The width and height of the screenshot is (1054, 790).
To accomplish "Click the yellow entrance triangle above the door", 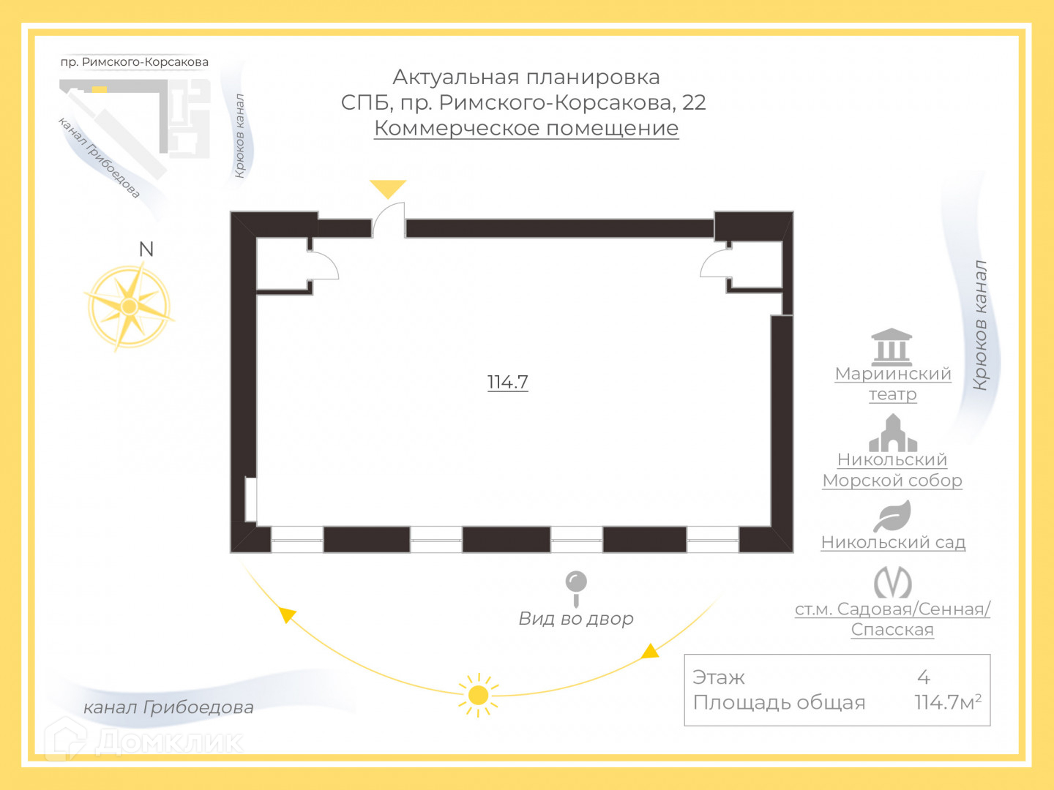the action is (x=388, y=188).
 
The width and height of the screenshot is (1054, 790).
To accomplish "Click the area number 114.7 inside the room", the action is (x=507, y=382).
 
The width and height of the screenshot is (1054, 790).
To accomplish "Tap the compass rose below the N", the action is (x=130, y=306).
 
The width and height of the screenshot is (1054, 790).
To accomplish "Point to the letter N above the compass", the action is (x=146, y=249).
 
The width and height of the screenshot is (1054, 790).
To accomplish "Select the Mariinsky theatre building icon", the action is (x=892, y=347).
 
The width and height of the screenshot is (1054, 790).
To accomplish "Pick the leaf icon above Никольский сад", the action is (x=892, y=516).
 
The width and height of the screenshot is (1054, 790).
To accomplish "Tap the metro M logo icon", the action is (x=892, y=582).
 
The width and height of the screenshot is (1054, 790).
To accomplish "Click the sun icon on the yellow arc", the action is (x=478, y=695).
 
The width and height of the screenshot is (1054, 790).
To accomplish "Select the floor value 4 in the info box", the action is (x=924, y=677).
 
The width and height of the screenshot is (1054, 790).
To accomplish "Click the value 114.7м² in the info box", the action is (x=947, y=702).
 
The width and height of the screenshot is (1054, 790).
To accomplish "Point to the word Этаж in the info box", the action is (x=719, y=677).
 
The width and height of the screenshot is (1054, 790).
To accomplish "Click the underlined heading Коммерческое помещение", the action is (x=526, y=128).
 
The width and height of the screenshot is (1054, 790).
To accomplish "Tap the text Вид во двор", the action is (x=576, y=619).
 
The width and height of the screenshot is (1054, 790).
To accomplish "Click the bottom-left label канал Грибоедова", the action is (x=168, y=707).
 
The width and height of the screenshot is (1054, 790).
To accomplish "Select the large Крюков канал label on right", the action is (x=980, y=326).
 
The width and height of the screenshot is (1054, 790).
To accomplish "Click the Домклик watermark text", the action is (x=168, y=742).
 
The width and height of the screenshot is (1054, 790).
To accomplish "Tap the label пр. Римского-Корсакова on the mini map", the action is (x=135, y=62).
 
